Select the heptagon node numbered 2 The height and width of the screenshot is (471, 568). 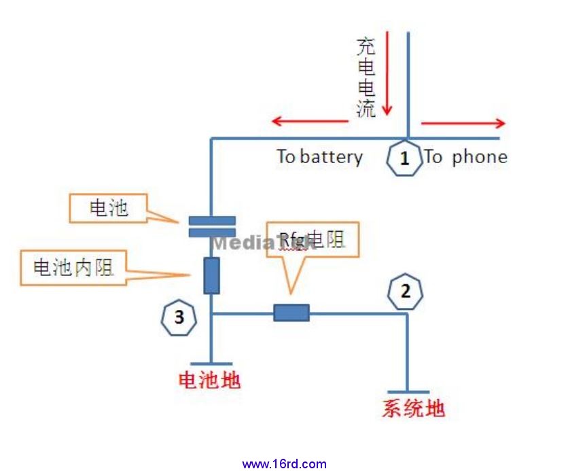click(406, 292)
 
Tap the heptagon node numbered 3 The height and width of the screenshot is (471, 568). click(179, 317)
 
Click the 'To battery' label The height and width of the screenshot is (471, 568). click(319, 157)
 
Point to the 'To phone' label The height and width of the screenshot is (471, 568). click(466, 157)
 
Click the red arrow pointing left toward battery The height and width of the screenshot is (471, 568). click(309, 122)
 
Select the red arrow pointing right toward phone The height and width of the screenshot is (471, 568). click(463, 123)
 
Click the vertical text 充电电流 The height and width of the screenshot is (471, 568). click(366, 77)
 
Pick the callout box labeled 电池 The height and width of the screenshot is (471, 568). click(109, 208)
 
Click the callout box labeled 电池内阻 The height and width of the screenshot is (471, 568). click(73, 268)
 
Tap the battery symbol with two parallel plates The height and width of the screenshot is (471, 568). click(211, 226)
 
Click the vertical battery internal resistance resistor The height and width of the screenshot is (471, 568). click(211, 275)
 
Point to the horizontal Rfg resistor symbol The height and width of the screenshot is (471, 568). click(291, 313)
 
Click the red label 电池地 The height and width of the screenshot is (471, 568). click(209, 381)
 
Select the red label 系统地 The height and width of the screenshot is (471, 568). click(413, 408)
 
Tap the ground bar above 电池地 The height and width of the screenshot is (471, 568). click(211, 364)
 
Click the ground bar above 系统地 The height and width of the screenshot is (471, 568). click(408, 392)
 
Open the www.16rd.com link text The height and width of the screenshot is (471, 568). click(284, 464)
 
